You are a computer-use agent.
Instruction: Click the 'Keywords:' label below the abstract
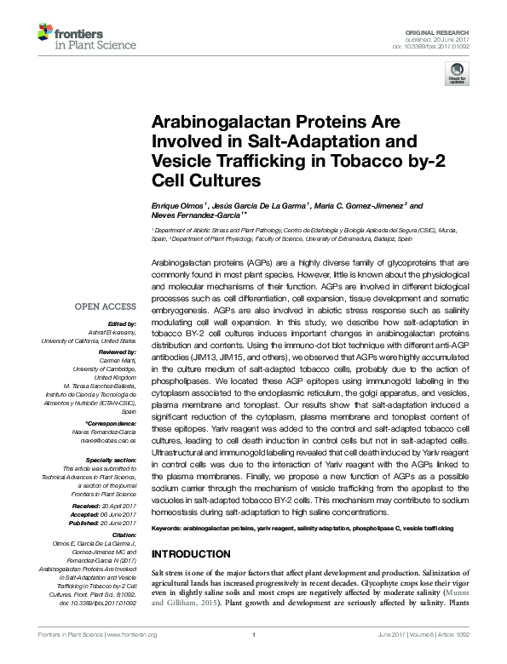coord(169,529)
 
